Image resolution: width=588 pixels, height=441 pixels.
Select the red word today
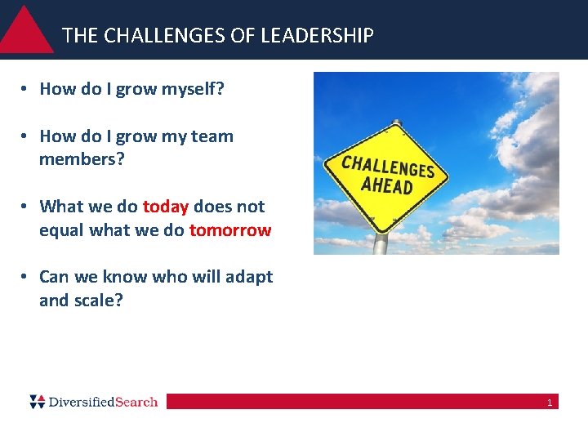click(166, 207)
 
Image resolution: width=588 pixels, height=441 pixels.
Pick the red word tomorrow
click(229, 230)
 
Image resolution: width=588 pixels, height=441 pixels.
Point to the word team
click(213, 136)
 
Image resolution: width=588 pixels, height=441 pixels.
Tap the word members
click(82, 159)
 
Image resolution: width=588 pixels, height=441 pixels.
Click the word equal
click(61, 230)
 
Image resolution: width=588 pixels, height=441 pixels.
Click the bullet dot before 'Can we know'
click(27, 278)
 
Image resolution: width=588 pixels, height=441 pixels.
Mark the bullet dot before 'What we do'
click(27, 207)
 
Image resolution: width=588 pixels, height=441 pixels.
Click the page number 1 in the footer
click(550, 403)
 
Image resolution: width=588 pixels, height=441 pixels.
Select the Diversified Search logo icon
click(37, 401)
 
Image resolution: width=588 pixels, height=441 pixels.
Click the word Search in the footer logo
click(136, 402)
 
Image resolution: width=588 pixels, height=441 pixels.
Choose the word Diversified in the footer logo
click(82, 402)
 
